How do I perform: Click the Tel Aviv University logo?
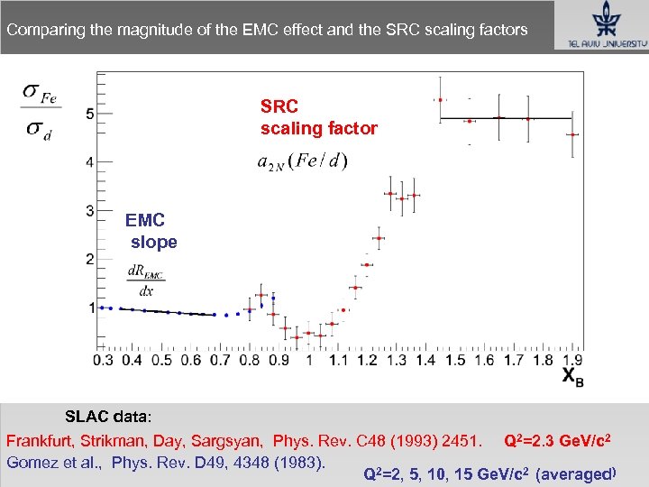point(599,26)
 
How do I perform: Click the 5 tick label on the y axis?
point(90,114)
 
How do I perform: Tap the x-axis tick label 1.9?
point(571,360)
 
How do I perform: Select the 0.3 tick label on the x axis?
point(103,360)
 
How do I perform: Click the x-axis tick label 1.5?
point(455,360)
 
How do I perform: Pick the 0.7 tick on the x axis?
point(220,360)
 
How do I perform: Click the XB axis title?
point(572,378)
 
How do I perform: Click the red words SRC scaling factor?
point(318,118)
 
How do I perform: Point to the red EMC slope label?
point(151,231)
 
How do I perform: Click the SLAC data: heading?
point(108,417)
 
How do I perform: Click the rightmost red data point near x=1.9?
point(571,134)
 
